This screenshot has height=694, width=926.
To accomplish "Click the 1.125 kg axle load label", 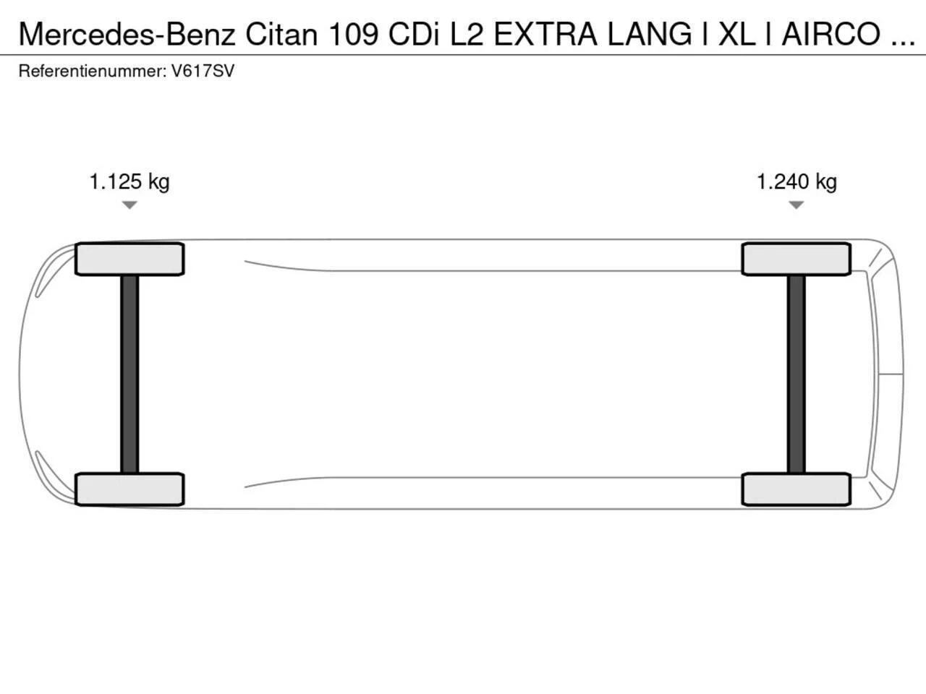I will (x=129, y=181).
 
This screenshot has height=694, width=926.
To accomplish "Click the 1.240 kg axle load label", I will (x=797, y=181).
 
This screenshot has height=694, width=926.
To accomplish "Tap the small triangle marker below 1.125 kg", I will (x=129, y=205).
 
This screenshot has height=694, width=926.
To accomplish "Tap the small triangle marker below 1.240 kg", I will (x=797, y=205).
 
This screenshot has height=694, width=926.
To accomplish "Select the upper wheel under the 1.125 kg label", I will (x=129, y=259).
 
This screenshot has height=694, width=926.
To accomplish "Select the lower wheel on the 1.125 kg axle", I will (x=129, y=489).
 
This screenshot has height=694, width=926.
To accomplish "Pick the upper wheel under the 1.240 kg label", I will (x=797, y=259).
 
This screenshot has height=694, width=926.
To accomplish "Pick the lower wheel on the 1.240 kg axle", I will (x=797, y=489).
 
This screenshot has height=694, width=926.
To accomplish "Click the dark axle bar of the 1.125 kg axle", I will (x=129, y=374).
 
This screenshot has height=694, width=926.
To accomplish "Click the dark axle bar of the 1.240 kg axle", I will (x=797, y=374).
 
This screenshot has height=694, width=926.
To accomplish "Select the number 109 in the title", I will (x=354, y=34).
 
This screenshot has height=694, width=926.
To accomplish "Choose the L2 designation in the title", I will (x=467, y=34).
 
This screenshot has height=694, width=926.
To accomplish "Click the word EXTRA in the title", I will (x=545, y=34).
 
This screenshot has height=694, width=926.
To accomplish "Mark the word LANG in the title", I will (x=649, y=34).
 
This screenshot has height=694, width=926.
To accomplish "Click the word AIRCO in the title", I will (x=832, y=34).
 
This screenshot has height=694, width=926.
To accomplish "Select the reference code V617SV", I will (x=203, y=72).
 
